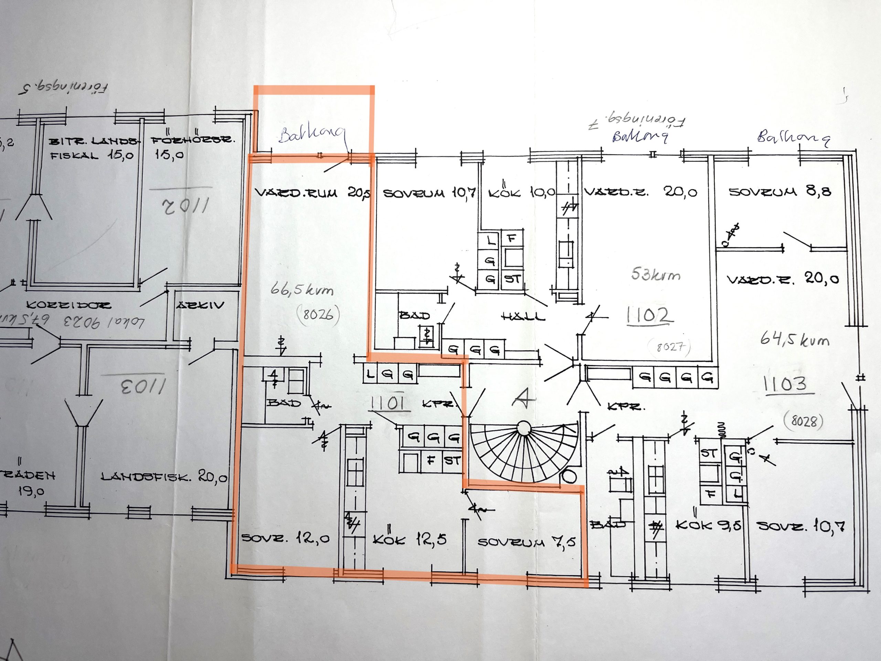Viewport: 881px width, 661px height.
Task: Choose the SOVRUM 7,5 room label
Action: pos(527,542)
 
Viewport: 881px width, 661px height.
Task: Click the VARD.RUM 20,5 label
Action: pos(312,193)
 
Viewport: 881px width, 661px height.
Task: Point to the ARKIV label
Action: pos(200,305)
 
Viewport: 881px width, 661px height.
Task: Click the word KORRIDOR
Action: pos(68,305)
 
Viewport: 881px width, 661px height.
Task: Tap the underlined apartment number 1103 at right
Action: pos(786,384)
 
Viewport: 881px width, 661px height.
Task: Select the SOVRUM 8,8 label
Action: pos(780,192)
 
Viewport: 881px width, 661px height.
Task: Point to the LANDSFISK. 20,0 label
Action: pos(164,476)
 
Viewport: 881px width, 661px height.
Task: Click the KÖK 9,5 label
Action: pos(708,525)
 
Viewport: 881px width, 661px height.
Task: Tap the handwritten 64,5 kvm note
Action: pos(795,339)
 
